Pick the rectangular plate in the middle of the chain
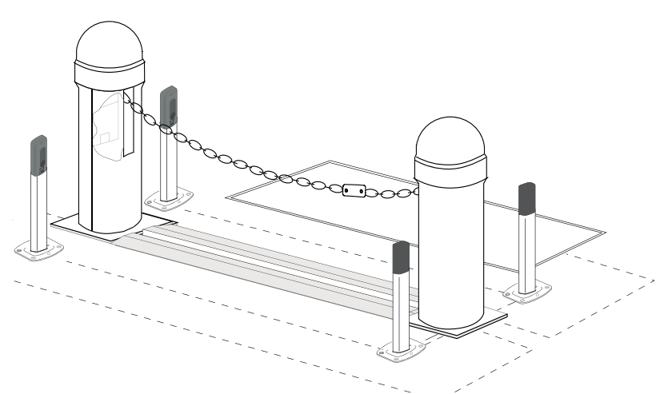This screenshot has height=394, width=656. point(352,192)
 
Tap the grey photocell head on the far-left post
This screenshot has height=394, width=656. point(38,156)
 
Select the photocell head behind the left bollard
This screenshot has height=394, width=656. point(169,106)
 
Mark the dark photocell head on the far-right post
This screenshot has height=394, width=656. point(527,199)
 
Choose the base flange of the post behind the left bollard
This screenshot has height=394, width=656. point(168,196)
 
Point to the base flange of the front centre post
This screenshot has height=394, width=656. point(401,350)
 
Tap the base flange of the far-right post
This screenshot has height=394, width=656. point(526,293)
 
